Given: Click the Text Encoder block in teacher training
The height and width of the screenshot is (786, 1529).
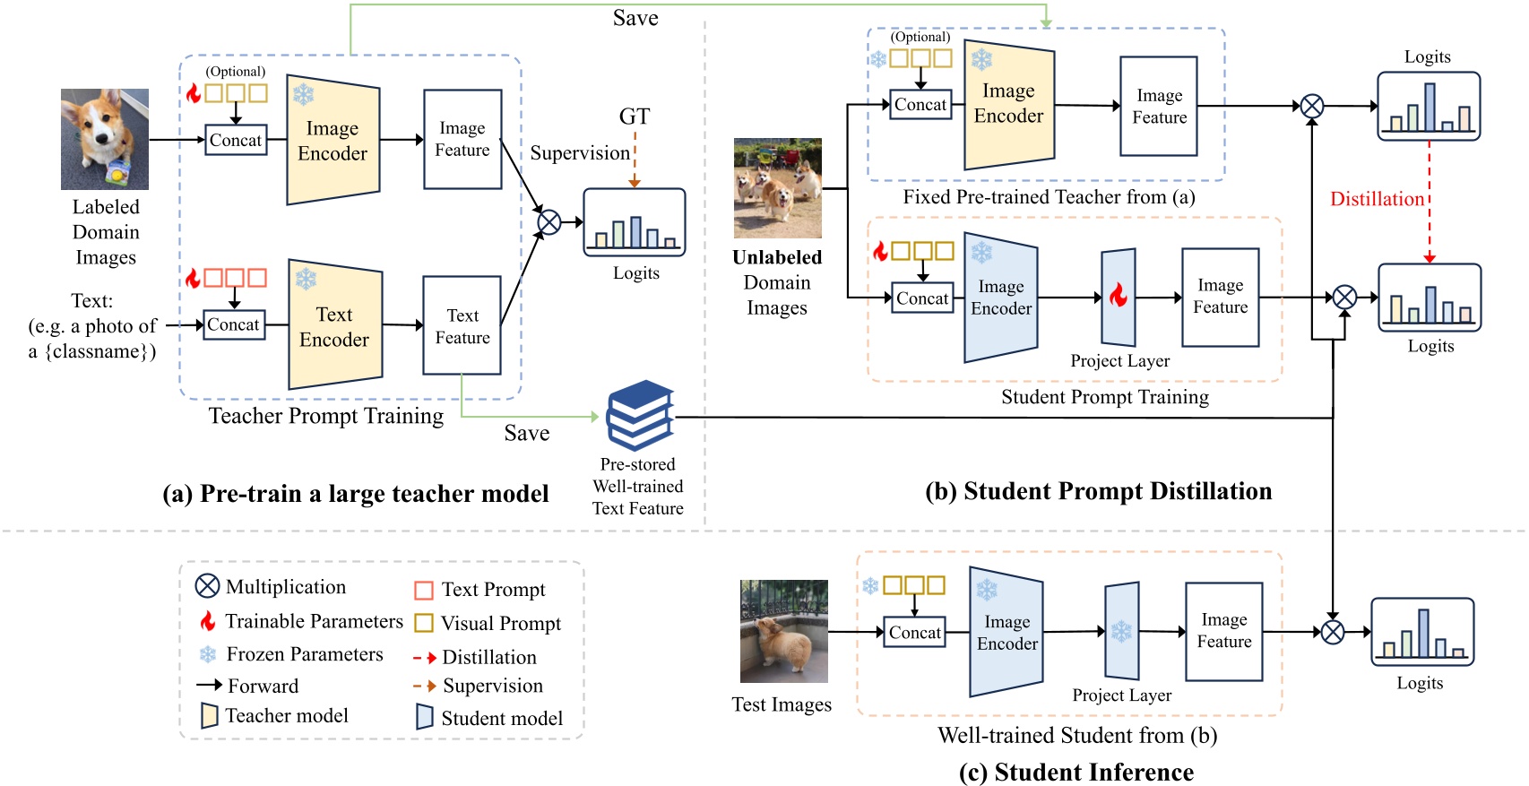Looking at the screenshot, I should pyautogui.click(x=334, y=326).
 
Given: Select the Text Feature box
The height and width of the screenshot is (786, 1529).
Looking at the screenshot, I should pyautogui.click(x=462, y=325).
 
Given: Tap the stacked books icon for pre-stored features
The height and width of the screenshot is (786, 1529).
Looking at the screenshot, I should pyautogui.click(x=640, y=415).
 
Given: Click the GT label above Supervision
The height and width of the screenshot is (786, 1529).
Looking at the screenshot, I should pyautogui.click(x=634, y=117).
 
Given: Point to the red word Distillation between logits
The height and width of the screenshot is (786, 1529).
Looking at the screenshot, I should pyautogui.click(x=1377, y=199).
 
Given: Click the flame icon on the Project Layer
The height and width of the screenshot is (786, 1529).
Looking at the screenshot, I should pyautogui.click(x=1118, y=296).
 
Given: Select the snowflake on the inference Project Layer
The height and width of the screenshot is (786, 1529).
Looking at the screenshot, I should pyautogui.click(x=1121, y=631).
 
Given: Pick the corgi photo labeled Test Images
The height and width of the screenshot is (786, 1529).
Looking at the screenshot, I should pyautogui.click(x=783, y=631).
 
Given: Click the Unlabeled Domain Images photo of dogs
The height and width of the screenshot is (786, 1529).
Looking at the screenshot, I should pyautogui.click(x=777, y=187).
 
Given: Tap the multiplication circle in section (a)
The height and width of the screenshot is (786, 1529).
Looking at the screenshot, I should pyautogui.click(x=549, y=221).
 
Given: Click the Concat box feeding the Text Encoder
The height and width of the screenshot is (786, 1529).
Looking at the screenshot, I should pyautogui.click(x=233, y=324).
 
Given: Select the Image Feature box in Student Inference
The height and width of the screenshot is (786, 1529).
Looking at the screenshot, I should pyautogui.click(x=1223, y=631).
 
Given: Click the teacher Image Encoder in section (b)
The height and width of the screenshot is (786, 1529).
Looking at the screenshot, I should pyautogui.click(x=1008, y=104).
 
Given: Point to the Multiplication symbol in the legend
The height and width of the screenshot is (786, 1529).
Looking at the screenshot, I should pyautogui.click(x=207, y=586).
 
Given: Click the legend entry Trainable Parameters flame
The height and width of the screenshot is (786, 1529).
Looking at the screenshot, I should pyautogui.click(x=208, y=621).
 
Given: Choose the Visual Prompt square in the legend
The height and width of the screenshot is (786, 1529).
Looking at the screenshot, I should pyautogui.click(x=424, y=623).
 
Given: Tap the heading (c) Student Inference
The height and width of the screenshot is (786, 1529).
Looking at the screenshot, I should pyautogui.click(x=1075, y=772).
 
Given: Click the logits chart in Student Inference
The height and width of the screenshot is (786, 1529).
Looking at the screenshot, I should pyautogui.click(x=1421, y=632).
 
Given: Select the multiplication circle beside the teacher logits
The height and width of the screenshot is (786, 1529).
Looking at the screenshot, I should pyautogui.click(x=1311, y=106).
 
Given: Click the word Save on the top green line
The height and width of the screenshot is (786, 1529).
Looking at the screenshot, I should pyautogui.click(x=635, y=18).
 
